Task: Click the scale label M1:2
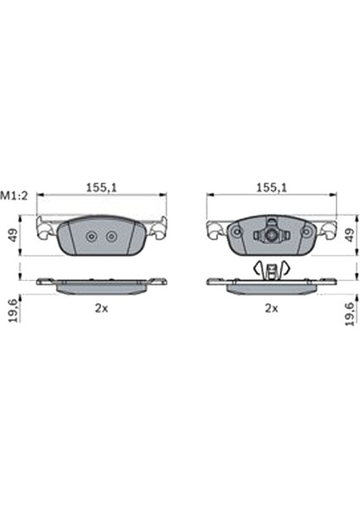click(14, 196)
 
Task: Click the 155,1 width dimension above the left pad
click(101, 187)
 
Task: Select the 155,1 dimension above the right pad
click(272, 187)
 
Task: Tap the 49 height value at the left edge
click(14, 235)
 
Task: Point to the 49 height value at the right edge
click(349, 235)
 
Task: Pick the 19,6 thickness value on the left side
click(14, 311)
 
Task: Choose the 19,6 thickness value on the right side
click(349, 314)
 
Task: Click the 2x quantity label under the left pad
click(101, 308)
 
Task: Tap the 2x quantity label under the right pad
click(272, 308)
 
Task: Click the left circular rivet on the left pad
click(92, 237)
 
